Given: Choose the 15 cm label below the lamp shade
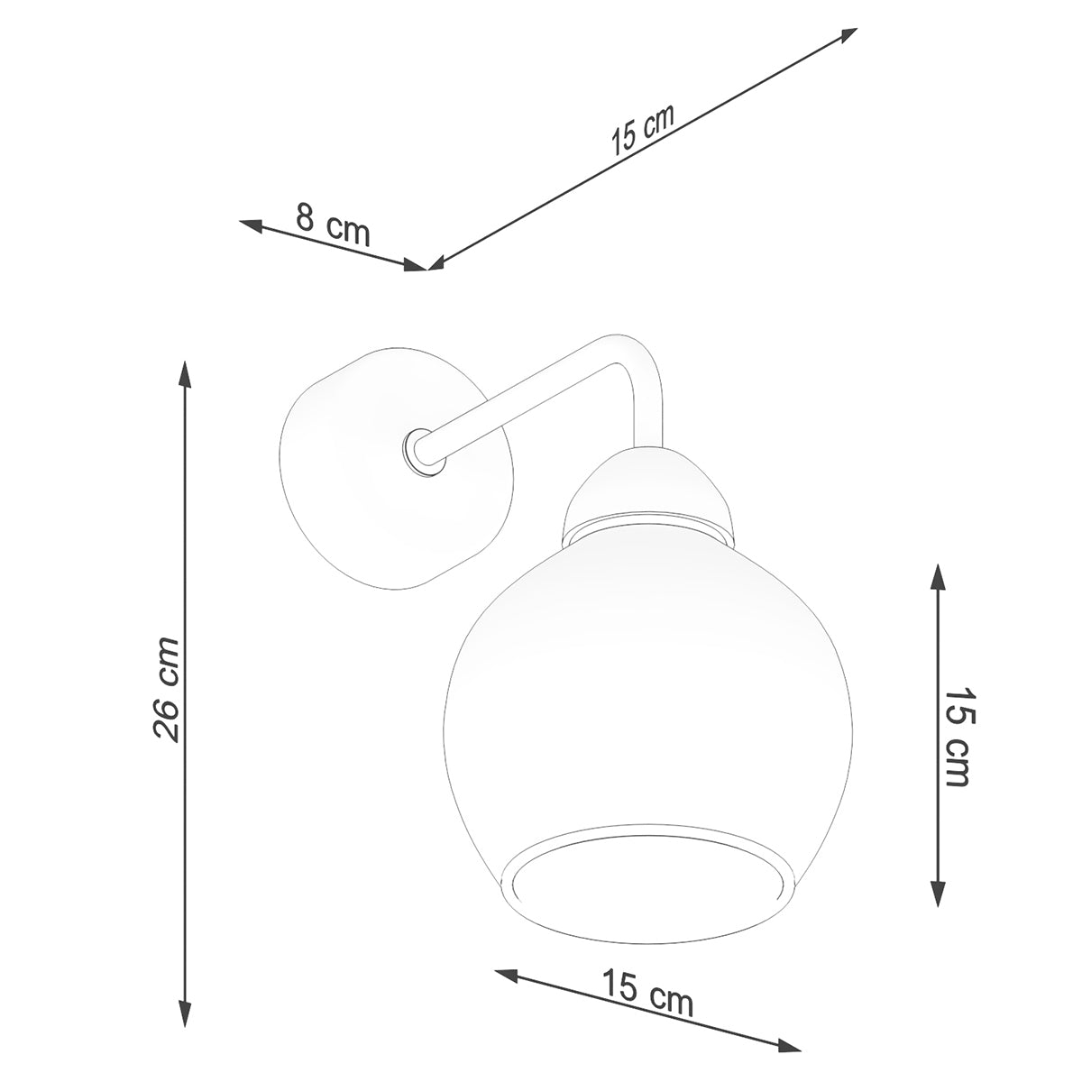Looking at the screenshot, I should click(x=648, y=993).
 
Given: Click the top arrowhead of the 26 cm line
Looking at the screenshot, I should click(x=185, y=375).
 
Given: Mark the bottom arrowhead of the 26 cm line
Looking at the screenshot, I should click(x=185, y=1013).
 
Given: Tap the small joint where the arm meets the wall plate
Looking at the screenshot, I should click(x=422, y=451).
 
